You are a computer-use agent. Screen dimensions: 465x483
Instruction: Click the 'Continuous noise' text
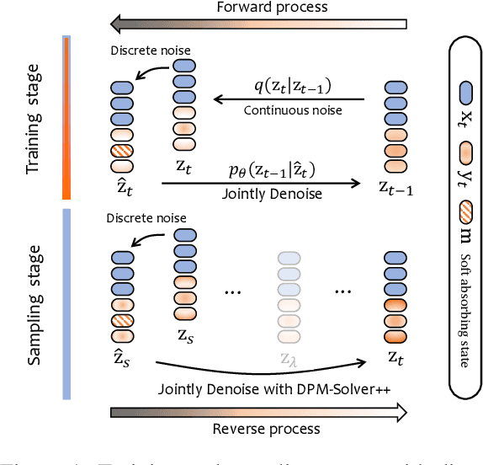coord(289,110)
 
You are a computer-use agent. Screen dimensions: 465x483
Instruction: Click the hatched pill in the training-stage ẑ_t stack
coord(123,152)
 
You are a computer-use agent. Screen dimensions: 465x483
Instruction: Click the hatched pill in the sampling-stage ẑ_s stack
coord(123,320)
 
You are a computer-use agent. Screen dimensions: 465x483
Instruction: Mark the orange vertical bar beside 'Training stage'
coord(66,117)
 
